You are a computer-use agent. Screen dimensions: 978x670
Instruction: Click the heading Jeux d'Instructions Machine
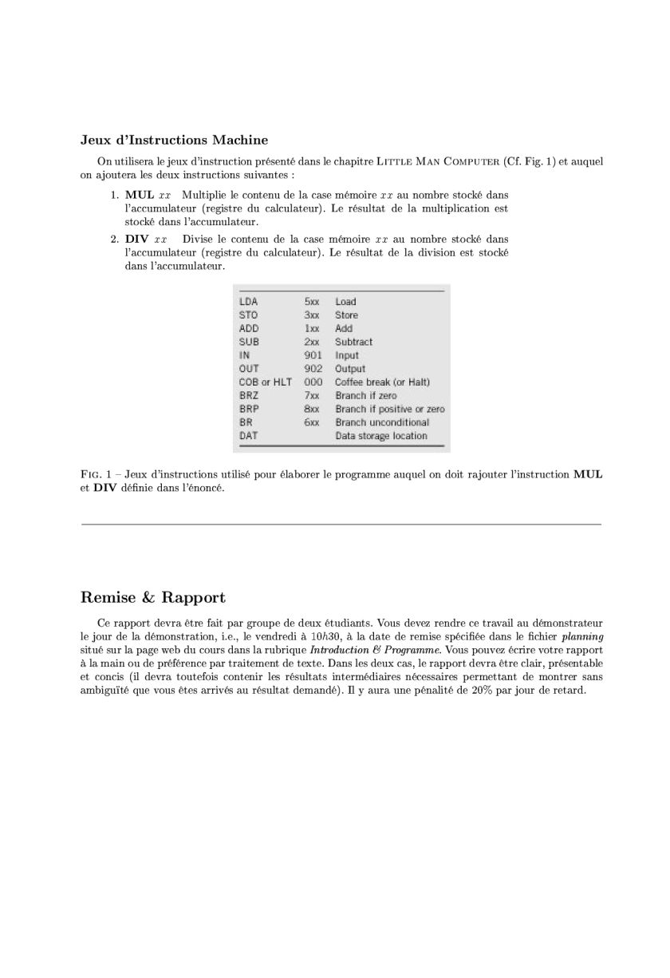point(174,141)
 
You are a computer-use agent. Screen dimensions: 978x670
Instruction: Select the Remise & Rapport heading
point(153,597)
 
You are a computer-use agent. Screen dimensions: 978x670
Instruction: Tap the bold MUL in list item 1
point(140,195)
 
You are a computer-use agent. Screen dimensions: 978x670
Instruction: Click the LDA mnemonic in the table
point(248,302)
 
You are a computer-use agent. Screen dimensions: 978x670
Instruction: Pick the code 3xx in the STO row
point(311,315)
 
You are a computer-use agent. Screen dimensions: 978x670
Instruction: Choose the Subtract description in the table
point(353,342)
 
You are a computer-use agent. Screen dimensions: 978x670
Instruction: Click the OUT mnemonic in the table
point(248,369)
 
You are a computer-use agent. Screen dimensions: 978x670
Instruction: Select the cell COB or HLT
point(265,382)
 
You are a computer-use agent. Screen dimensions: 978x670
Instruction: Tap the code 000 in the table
point(313,382)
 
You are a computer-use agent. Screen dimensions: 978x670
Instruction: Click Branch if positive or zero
point(389,409)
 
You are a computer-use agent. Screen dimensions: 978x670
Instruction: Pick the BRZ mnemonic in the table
point(249,395)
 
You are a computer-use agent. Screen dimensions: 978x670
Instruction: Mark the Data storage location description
point(380,436)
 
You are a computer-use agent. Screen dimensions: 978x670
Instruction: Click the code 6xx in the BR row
point(311,422)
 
